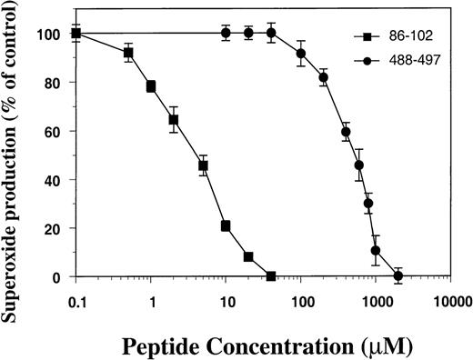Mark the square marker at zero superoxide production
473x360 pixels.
pyautogui.click(x=270, y=276)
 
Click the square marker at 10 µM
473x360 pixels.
pyautogui.click(x=226, y=225)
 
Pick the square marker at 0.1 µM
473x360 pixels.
pyautogui.click(x=76, y=34)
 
